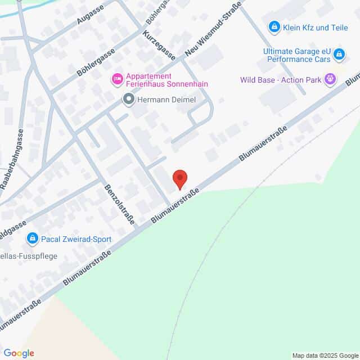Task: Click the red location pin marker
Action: [x=180, y=179]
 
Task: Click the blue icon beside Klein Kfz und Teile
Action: [x=274, y=26]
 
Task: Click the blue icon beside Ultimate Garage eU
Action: [x=339, y=55]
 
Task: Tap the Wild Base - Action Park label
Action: [x=281, y=80]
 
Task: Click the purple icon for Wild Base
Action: [x=331, y=80]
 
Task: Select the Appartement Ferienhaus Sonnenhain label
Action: [x=159, y=80]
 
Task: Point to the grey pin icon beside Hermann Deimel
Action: [x=129, y=100]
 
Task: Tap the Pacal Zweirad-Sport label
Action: [x=76, y=239]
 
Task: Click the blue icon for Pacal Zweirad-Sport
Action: [x=33, y=239]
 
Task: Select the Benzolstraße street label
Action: [x=119, y=204]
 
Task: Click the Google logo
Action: [x=19, y=353]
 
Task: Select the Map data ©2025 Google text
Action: [x=325, y=355]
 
